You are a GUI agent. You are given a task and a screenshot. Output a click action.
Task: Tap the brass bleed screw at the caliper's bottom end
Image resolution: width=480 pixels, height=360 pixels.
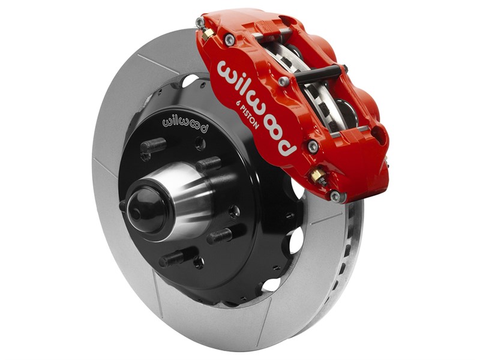[318, 176]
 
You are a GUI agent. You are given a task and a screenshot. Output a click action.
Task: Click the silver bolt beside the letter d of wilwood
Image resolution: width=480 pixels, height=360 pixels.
[313, 146]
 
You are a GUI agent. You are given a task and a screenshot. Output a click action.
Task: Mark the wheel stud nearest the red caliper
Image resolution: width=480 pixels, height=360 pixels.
[206, 163]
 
